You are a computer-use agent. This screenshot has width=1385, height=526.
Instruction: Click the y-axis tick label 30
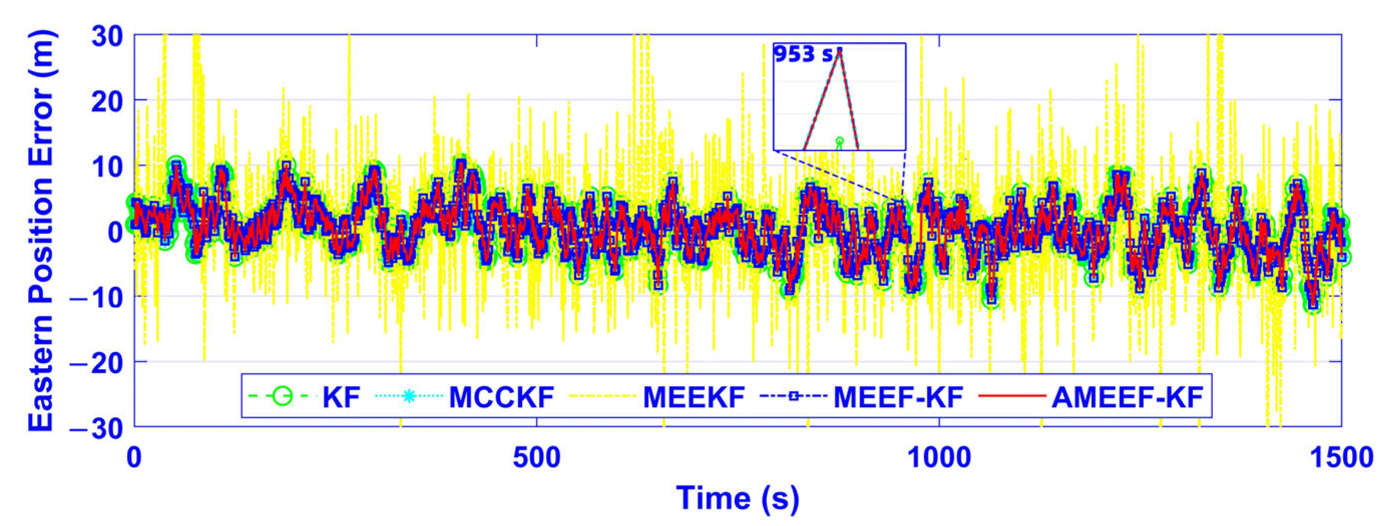(107, 36)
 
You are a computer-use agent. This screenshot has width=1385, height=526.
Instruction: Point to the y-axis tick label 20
(107, 101)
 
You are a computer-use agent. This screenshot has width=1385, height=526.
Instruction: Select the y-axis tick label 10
(107, 166)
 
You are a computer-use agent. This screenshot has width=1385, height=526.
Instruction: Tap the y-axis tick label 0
(115, 231)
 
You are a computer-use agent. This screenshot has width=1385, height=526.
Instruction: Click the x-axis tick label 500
(537, 458)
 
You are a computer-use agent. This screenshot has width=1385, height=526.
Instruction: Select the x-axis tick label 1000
(940, 458)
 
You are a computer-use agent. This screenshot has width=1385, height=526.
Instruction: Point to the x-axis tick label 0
(134, 458)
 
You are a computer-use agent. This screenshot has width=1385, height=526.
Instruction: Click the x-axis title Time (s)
(738, 497)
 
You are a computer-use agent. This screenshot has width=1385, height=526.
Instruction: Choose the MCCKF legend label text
(501, 397)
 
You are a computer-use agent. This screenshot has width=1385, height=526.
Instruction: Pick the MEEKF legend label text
(694, 397)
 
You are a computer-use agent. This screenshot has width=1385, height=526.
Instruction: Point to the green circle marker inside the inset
(840, 141)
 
